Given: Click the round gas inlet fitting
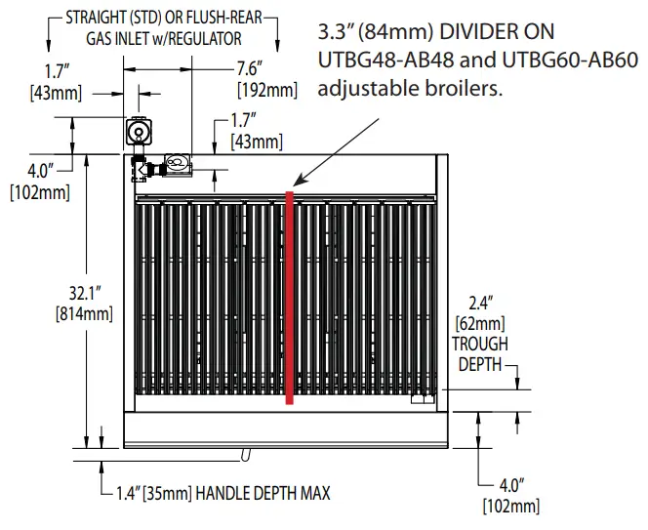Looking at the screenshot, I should [140, 130].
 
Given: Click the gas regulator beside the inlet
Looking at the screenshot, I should [177, 164].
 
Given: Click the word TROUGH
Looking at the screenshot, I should [479, 344].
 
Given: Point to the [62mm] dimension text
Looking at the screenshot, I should [479, 322].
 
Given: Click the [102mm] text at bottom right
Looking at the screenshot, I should [510, 505].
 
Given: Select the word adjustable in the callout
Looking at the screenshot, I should [370, 88].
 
